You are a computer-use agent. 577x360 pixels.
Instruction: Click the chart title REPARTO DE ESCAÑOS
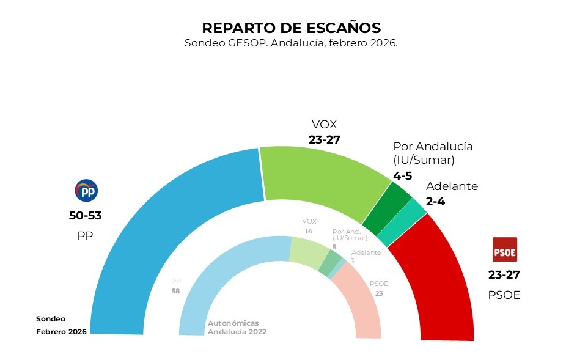(291, 28)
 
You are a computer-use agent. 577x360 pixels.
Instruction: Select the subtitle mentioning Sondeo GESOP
(291, 44)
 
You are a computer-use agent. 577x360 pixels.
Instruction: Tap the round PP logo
(86, 191)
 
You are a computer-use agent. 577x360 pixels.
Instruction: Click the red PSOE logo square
(505, 249)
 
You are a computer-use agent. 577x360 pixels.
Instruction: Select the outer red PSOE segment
(440, 275)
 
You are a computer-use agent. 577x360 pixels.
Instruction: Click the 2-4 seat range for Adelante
(438, 200)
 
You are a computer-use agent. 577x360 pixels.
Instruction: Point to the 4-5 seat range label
(403, 175)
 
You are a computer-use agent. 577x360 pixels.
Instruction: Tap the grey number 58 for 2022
(176, 292)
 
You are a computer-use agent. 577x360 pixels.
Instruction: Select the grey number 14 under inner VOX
(309, 231)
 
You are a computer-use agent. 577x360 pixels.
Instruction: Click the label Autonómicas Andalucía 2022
(237, 328)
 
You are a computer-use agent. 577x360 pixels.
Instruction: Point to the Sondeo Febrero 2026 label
(60, 325)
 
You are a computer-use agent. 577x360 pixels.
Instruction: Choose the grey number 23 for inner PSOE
(379, 293)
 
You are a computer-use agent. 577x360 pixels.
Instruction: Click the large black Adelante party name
(452, 186)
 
